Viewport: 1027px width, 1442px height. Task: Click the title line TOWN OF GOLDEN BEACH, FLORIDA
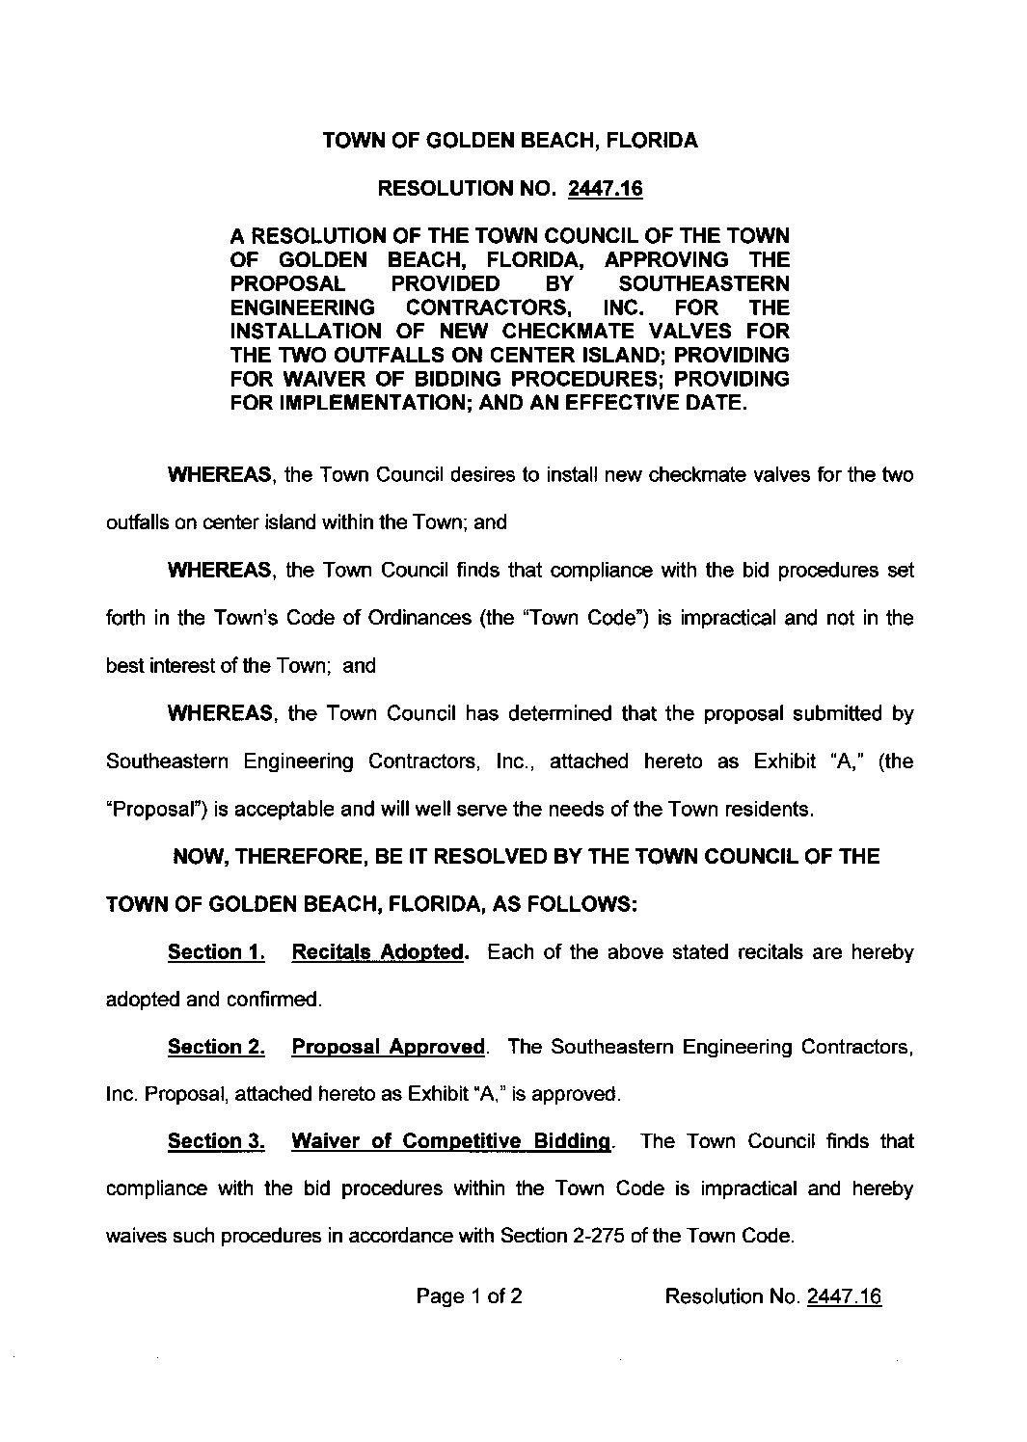coord(510,141)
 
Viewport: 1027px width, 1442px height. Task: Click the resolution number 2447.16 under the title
coord(607,189)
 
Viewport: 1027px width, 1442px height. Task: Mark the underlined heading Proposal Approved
coord(388,1047)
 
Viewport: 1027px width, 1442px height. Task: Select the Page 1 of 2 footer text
coord(470,1296)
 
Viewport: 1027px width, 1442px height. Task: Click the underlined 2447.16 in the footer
coord(844,1296)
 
